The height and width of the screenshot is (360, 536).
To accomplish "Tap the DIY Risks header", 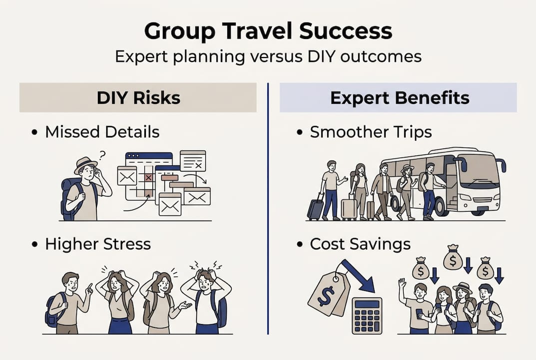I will click(138, 97).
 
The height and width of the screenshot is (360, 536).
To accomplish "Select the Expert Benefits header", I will click(399, 97).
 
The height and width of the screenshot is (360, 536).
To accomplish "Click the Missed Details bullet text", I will click(102, 132).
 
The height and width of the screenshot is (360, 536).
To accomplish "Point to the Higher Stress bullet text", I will click(97, 244).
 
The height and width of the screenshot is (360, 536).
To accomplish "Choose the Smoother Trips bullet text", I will click(371, 132).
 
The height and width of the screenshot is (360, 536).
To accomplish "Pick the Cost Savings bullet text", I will click(360, 244).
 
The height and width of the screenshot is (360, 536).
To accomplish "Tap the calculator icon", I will click(367, 315).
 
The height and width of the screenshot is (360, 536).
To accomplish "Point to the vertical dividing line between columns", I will click(268, 210).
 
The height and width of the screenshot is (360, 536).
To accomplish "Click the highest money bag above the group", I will click(453, 257).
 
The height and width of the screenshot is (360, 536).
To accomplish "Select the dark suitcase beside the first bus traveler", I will click(315, 209).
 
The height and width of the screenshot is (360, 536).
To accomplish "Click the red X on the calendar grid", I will click(148, 177).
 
